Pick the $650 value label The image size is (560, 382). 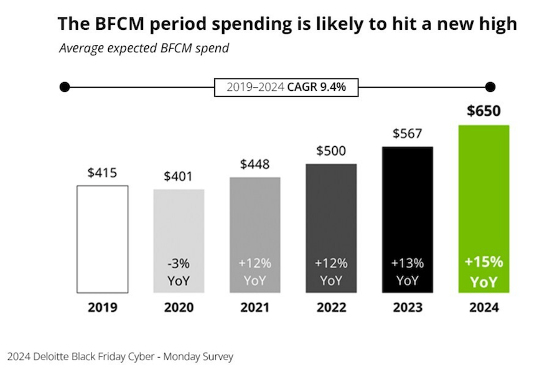[483, 111]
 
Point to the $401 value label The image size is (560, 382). [179, 176]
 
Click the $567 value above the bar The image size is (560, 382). [407, 133]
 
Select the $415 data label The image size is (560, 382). [102, 172]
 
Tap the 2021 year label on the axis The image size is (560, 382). [254, 307]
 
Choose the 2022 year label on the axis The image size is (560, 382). [331, 307]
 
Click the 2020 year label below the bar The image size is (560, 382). [179, 307]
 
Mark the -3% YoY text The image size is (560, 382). [179, 272]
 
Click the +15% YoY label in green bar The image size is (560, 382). [483, 272]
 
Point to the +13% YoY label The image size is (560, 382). [407, 272]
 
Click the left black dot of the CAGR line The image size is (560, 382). [64, 87]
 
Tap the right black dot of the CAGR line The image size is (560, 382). [490, 87]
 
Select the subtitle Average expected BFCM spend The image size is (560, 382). [144, 48]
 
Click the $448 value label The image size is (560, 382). [254, 164]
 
